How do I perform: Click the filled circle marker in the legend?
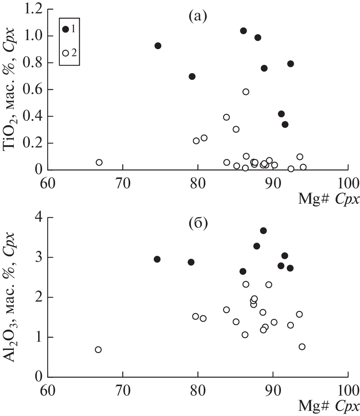click(66, 29)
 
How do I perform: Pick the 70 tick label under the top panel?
click(122, 183)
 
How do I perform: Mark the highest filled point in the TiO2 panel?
click(243, 31)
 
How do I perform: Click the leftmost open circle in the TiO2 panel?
click(99, 162)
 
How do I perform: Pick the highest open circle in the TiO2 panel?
click(246, 92)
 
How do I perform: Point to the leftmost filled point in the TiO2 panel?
click(158, 46)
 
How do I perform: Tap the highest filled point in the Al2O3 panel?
click(263, 231)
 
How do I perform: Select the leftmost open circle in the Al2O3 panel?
click(98, 350)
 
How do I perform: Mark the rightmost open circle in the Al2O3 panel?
click(302, 346)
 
